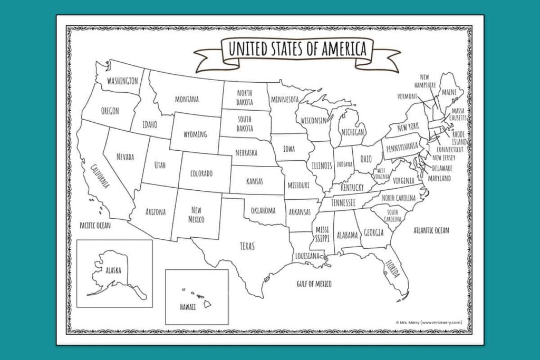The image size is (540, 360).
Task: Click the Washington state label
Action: coord(122,81)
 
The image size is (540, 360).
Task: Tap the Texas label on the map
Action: coord(247,246)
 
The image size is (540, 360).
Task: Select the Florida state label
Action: coord(393,269)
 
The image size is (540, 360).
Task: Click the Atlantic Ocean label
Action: coord(431,230)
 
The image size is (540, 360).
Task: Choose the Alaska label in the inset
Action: coord(113,270)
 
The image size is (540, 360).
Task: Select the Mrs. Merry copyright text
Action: coord(429,323)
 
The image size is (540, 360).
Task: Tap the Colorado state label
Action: coord(201,173)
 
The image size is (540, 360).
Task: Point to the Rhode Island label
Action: coord(459,138)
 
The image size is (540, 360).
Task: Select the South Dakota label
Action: coord(244,124)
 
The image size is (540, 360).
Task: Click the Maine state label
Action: coord(449,92)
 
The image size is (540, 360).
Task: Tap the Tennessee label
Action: coord(343,202)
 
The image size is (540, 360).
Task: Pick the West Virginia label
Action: coord(381,173)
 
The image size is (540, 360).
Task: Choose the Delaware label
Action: coord(442,168)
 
